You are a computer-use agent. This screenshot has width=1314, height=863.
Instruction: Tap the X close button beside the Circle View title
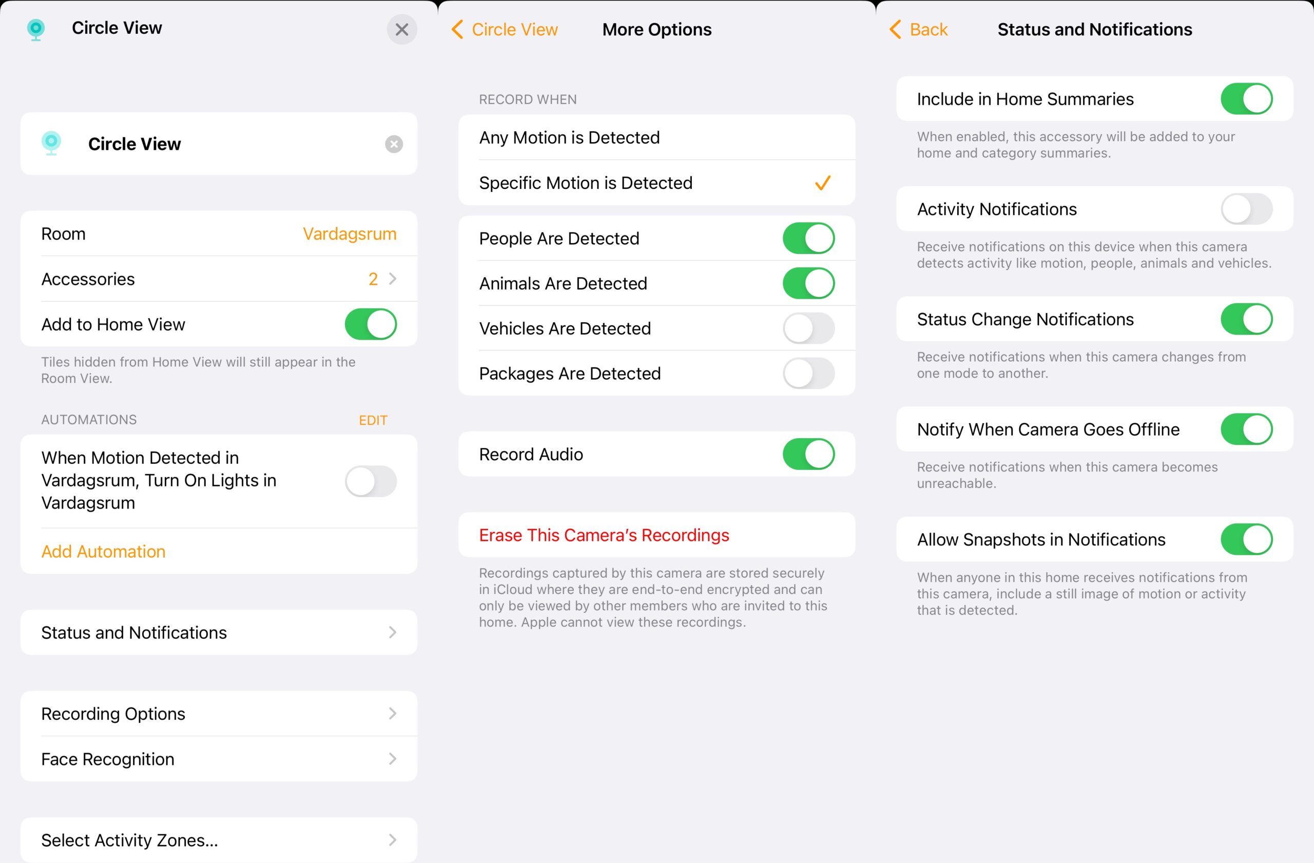(401, 29)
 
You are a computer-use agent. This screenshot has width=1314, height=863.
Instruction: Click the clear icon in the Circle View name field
(394, 144)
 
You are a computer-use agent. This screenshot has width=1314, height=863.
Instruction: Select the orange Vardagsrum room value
(350, 234)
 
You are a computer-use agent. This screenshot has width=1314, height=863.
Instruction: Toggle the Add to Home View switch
(371, 324)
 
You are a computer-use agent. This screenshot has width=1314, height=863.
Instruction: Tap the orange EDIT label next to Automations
(373, 420)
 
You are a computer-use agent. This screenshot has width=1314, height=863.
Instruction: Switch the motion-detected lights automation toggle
(371, 481)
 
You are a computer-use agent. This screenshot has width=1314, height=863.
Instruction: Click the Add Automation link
(103, 551)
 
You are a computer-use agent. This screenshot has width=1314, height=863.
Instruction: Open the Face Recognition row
(219, 759)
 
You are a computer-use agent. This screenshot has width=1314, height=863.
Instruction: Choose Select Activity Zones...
(219, 840)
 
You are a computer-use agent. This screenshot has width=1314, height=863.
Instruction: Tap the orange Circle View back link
(505, 29)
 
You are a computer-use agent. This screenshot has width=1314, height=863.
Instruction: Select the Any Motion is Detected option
(569, 138)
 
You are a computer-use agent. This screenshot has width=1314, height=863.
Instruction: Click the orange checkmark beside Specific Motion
(823, 183)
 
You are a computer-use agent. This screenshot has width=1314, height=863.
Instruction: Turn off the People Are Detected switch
(808, 239)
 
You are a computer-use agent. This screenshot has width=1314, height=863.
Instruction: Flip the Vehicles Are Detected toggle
(808, 328)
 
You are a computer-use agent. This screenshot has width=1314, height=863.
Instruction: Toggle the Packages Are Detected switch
(808, 374)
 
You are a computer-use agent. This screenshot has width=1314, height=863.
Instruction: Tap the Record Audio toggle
(808, 454)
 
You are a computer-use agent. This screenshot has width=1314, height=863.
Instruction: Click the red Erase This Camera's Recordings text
(604, 535)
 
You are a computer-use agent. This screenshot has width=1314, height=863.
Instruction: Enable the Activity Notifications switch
(1247, 209)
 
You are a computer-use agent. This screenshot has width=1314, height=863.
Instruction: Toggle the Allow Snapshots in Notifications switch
(1247, 539)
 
